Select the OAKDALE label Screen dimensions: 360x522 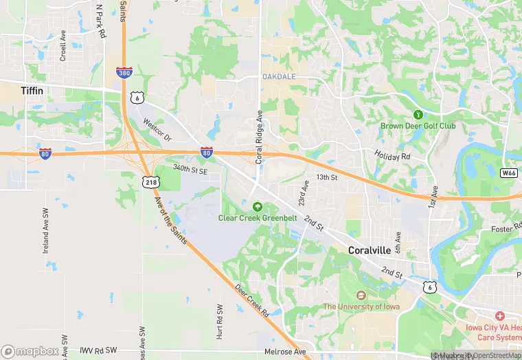click(x=278, y=76)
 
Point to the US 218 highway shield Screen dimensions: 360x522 click(x=151, y=181)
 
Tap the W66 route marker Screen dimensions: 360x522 click(x=508, y=172)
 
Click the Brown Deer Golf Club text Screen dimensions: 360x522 click(x=418, y=126)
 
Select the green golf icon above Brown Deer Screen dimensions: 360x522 click(x=416, y=114)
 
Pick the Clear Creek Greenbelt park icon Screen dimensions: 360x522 click(x=258, y=206)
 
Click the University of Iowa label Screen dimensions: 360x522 click(x=367, y=306)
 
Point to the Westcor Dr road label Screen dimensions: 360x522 click(x=157, y=128)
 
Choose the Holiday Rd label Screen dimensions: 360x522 click(x=392, y=155)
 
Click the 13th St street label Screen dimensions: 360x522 click(x=327, y=177)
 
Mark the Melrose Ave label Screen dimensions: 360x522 click(x=284, y=352)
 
